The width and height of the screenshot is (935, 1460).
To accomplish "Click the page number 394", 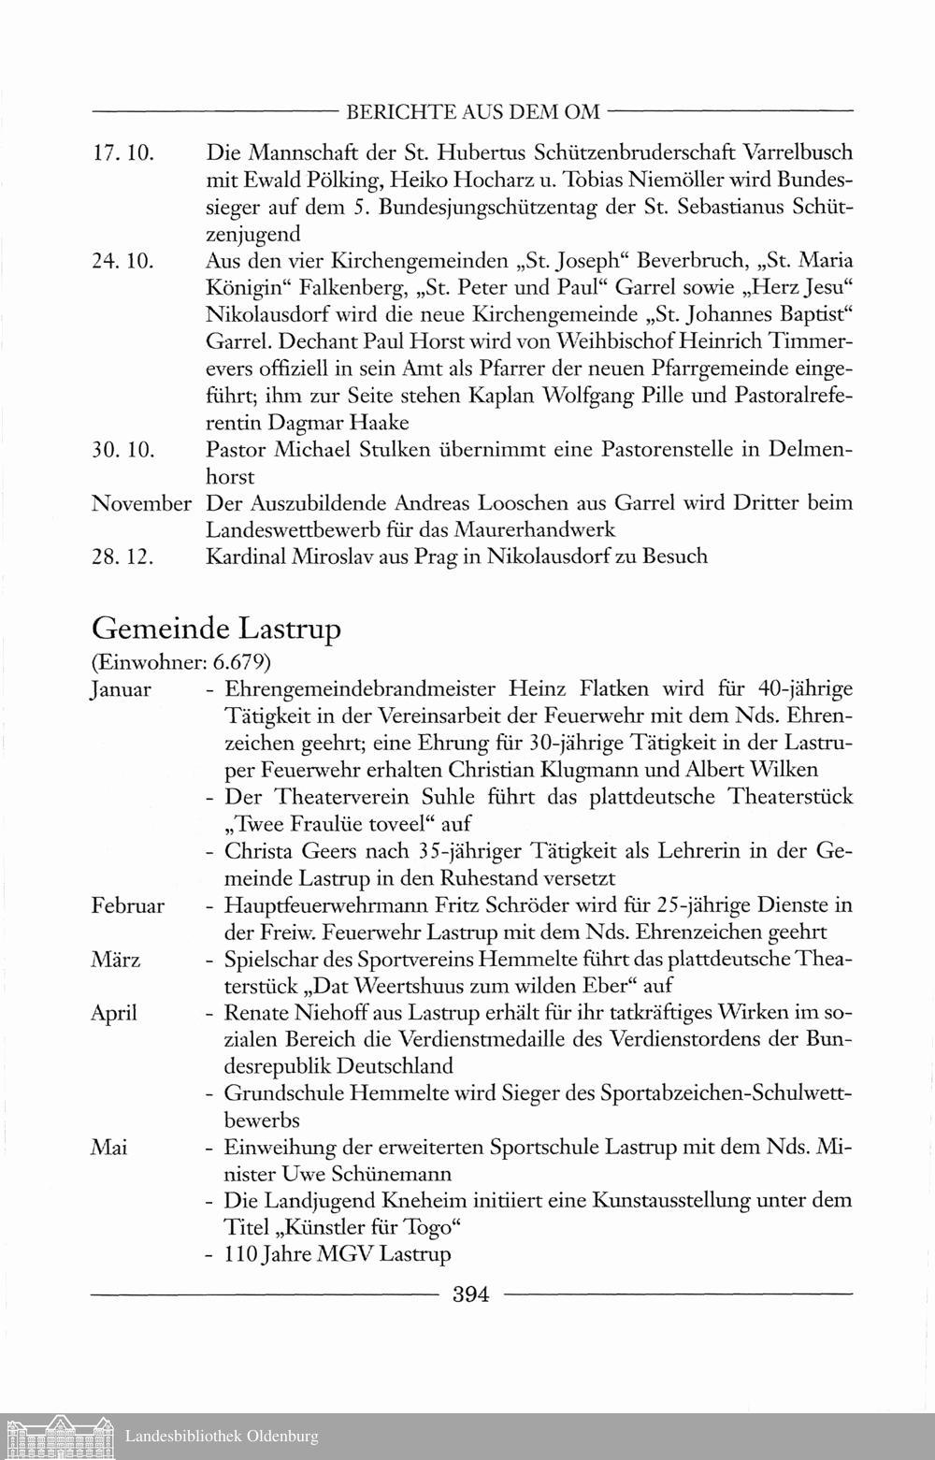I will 471,1294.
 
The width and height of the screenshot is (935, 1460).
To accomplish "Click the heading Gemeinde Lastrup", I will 216,629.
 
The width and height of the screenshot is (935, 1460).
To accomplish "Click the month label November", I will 142,503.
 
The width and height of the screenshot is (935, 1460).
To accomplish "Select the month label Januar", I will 122,691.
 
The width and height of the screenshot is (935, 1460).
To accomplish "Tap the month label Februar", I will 128,905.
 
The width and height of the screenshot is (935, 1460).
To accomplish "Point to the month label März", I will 116,960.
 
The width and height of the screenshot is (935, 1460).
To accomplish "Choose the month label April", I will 114,1013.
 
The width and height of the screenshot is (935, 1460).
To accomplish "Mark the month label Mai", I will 108,1147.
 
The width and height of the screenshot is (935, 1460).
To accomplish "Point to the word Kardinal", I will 246,557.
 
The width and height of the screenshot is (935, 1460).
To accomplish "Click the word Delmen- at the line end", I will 810,450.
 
